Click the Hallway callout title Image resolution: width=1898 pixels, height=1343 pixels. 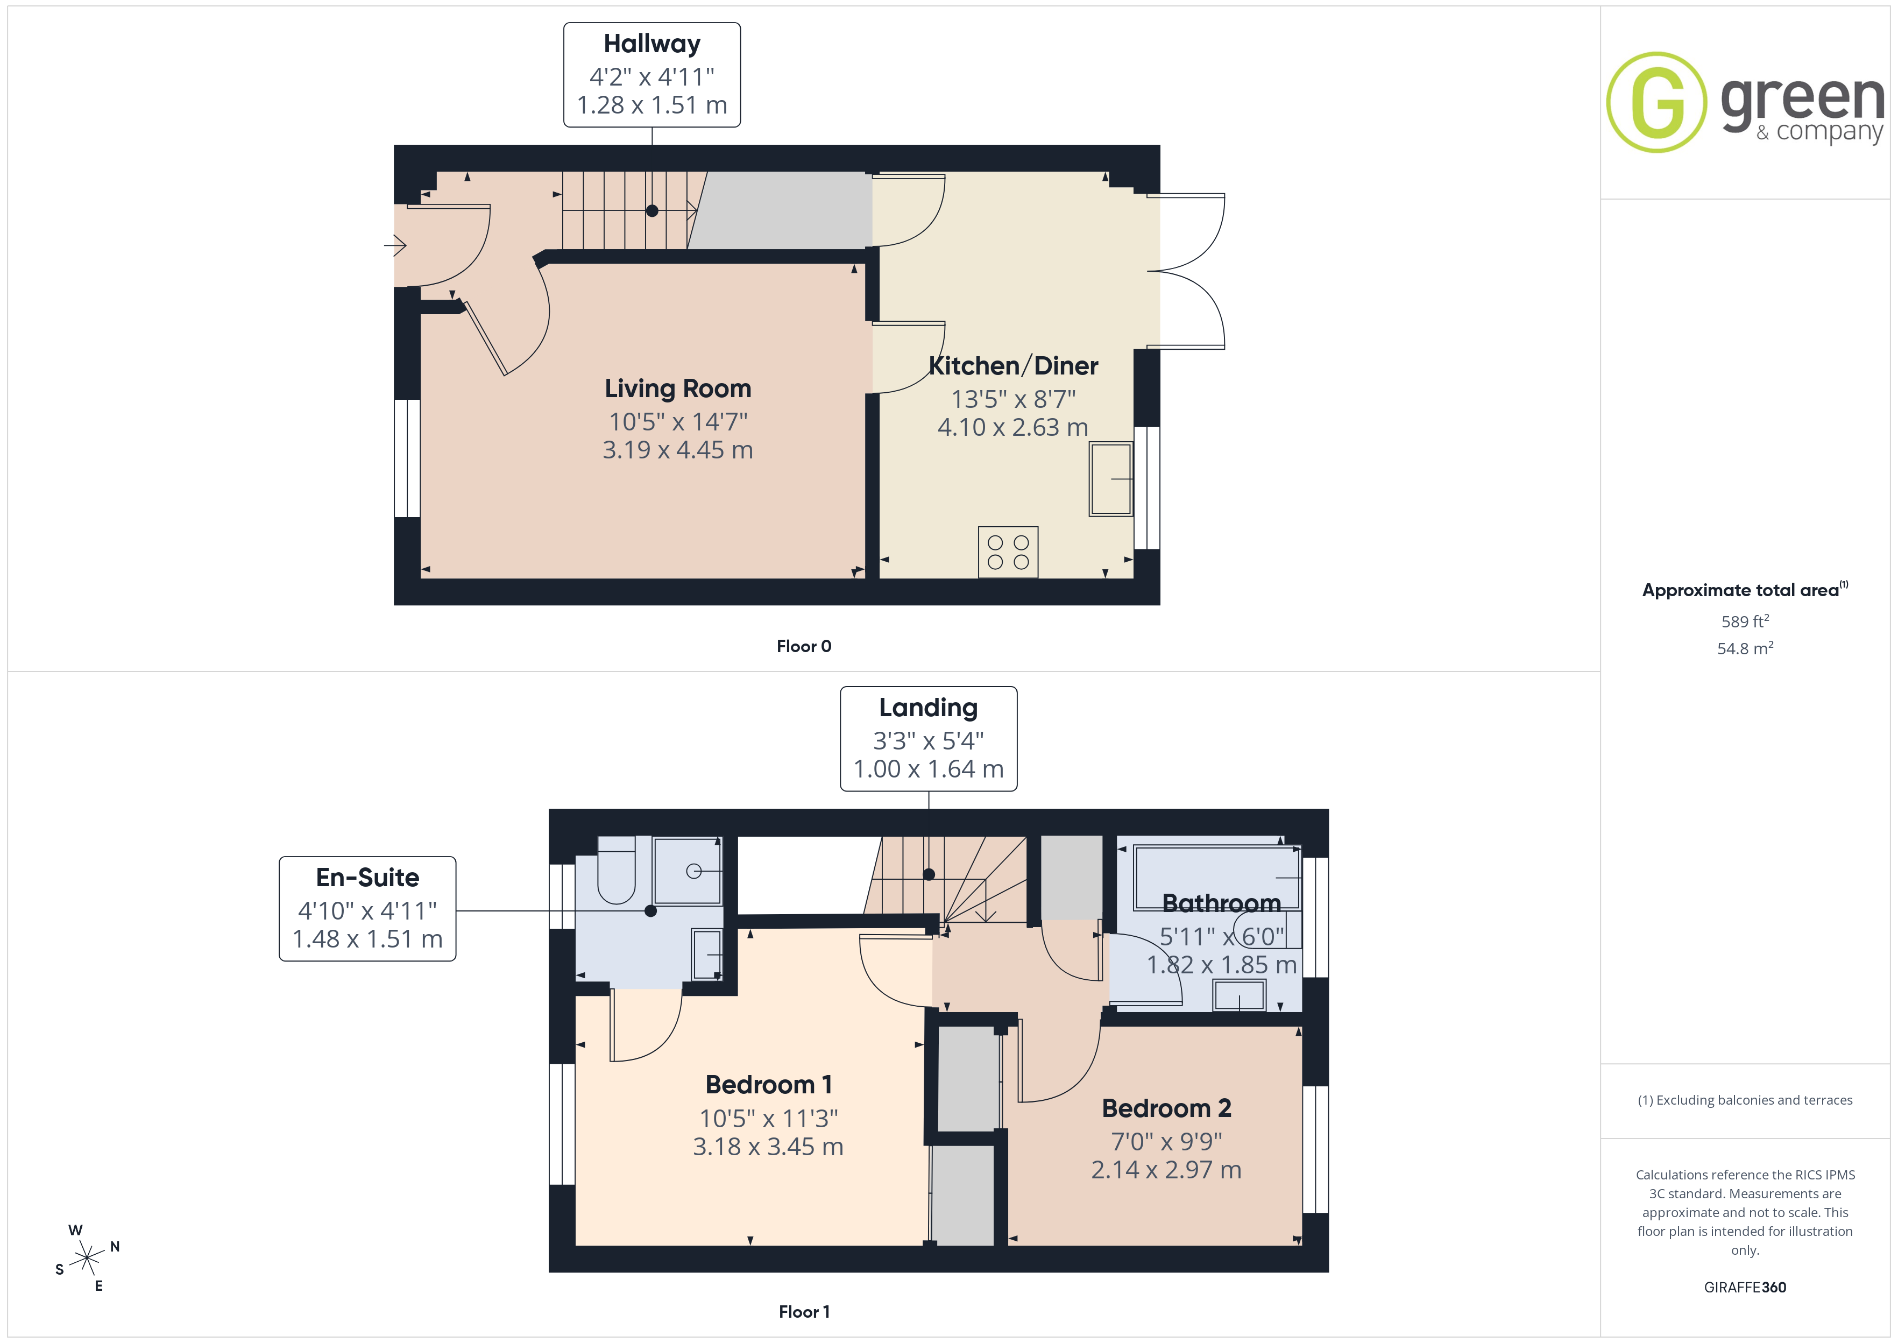point(651,44)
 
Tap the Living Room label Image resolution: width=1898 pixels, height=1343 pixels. point(678,388)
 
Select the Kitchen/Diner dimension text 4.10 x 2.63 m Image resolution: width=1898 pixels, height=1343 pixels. point(1012,428)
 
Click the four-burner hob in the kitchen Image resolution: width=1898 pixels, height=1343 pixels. point(1008,552)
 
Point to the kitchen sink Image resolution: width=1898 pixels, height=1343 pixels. point(1110,479)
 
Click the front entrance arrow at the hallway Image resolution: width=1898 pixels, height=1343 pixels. point(395,245)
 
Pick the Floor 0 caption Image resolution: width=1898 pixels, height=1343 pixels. point(804,647)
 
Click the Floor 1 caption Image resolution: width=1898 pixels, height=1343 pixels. point(804,1312)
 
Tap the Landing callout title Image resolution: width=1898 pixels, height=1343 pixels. point(929,708)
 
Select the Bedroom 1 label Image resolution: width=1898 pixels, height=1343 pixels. point(768,1084)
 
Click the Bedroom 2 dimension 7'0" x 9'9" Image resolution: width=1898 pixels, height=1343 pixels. point(1166,1141)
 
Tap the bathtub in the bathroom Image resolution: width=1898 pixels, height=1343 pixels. point(1217,878)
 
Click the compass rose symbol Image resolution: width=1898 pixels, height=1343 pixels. point(87,1258)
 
